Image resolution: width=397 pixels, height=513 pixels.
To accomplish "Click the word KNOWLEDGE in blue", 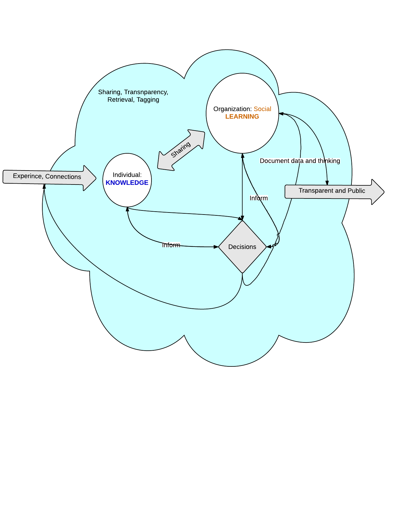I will click(x=127, y=183).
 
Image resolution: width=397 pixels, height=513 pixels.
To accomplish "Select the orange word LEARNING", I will click(x=242, y=117).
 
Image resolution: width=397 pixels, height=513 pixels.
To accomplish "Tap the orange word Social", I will click(x=262, y=109).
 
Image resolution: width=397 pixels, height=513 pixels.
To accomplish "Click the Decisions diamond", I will click(x=242, y=247).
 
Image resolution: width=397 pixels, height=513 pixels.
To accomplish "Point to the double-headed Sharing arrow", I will click(x=181, y=150).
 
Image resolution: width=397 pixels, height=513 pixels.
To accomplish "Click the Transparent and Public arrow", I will click(x=333, y=191).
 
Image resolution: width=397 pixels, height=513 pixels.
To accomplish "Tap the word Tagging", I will click(x=148, y=100).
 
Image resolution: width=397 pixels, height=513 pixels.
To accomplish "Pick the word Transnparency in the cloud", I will click(x=146, y=92).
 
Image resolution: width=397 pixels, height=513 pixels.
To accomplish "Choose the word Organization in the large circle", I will click(x=232, y=109).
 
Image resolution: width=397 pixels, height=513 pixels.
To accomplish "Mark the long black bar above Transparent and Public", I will click(x=300, y=161).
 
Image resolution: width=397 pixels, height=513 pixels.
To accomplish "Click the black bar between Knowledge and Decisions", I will click(x=171, y=245).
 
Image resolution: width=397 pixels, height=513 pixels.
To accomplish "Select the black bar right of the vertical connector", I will click(x=259, y=198).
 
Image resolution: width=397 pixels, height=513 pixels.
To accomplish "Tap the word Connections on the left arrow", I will click(x=63, y=177).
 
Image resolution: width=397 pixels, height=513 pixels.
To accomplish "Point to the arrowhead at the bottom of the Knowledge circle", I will click(x=127, y=209).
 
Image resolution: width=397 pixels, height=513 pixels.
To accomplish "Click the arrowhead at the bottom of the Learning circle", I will click(x=243, y=156).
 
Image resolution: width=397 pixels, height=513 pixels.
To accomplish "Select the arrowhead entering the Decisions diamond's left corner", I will click(x=216, y=247).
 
